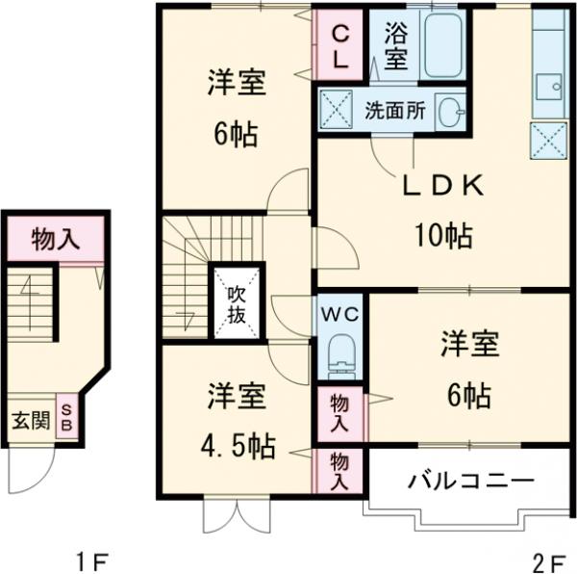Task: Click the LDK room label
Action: click(x=441, y=188)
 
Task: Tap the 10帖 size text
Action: click(x=442, y=234)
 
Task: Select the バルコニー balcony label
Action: click(x=469, y=479)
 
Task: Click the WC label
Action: click(x=339, y=314)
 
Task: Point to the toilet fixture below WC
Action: click(x=339, y=354)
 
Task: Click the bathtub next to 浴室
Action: click(x=441, y=45)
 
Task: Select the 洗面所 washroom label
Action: click(x=394, y=109)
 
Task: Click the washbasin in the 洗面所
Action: click(x=449, y=111)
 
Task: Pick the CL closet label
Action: click(x=340, y=45)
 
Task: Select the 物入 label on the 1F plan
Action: click(x=55, y=238)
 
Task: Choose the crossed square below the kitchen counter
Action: click(x=548, y=140)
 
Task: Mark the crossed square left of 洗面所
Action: click(x=338, y=109)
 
